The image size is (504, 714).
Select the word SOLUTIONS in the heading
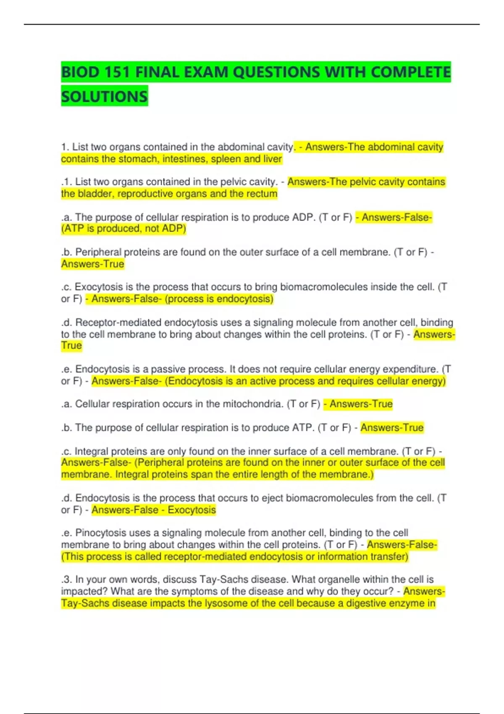104,97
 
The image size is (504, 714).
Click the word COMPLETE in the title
410,72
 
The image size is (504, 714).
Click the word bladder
94,194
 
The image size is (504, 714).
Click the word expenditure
414,369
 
